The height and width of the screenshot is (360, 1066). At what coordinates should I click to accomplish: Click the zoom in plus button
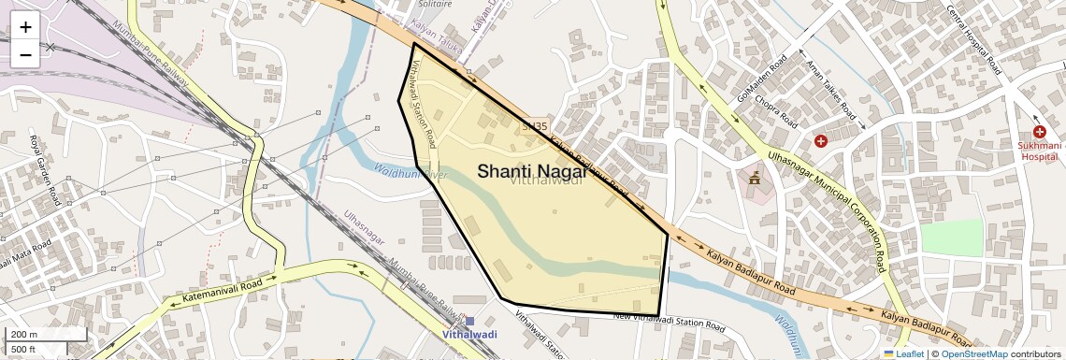coord(25,27)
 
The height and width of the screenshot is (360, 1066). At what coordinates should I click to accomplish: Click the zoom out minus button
coord(25,54)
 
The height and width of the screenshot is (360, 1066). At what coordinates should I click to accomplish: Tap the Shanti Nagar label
coord(533,171)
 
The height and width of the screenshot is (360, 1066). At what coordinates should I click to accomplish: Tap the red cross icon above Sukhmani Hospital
coord(1039,133)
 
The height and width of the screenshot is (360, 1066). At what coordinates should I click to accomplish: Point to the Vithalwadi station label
coord(469,334)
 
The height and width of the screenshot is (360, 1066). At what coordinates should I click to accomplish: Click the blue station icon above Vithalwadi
coord(469,321)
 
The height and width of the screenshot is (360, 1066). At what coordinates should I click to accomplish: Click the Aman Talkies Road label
coord(831,90)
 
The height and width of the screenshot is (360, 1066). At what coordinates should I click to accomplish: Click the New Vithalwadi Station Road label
coord(669,322)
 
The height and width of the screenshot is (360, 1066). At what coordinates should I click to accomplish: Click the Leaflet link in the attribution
coord(903,353)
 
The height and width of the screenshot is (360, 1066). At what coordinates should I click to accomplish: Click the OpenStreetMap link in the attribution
coord(974,353)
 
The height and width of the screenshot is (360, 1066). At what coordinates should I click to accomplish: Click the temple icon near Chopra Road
coord(755,177)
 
